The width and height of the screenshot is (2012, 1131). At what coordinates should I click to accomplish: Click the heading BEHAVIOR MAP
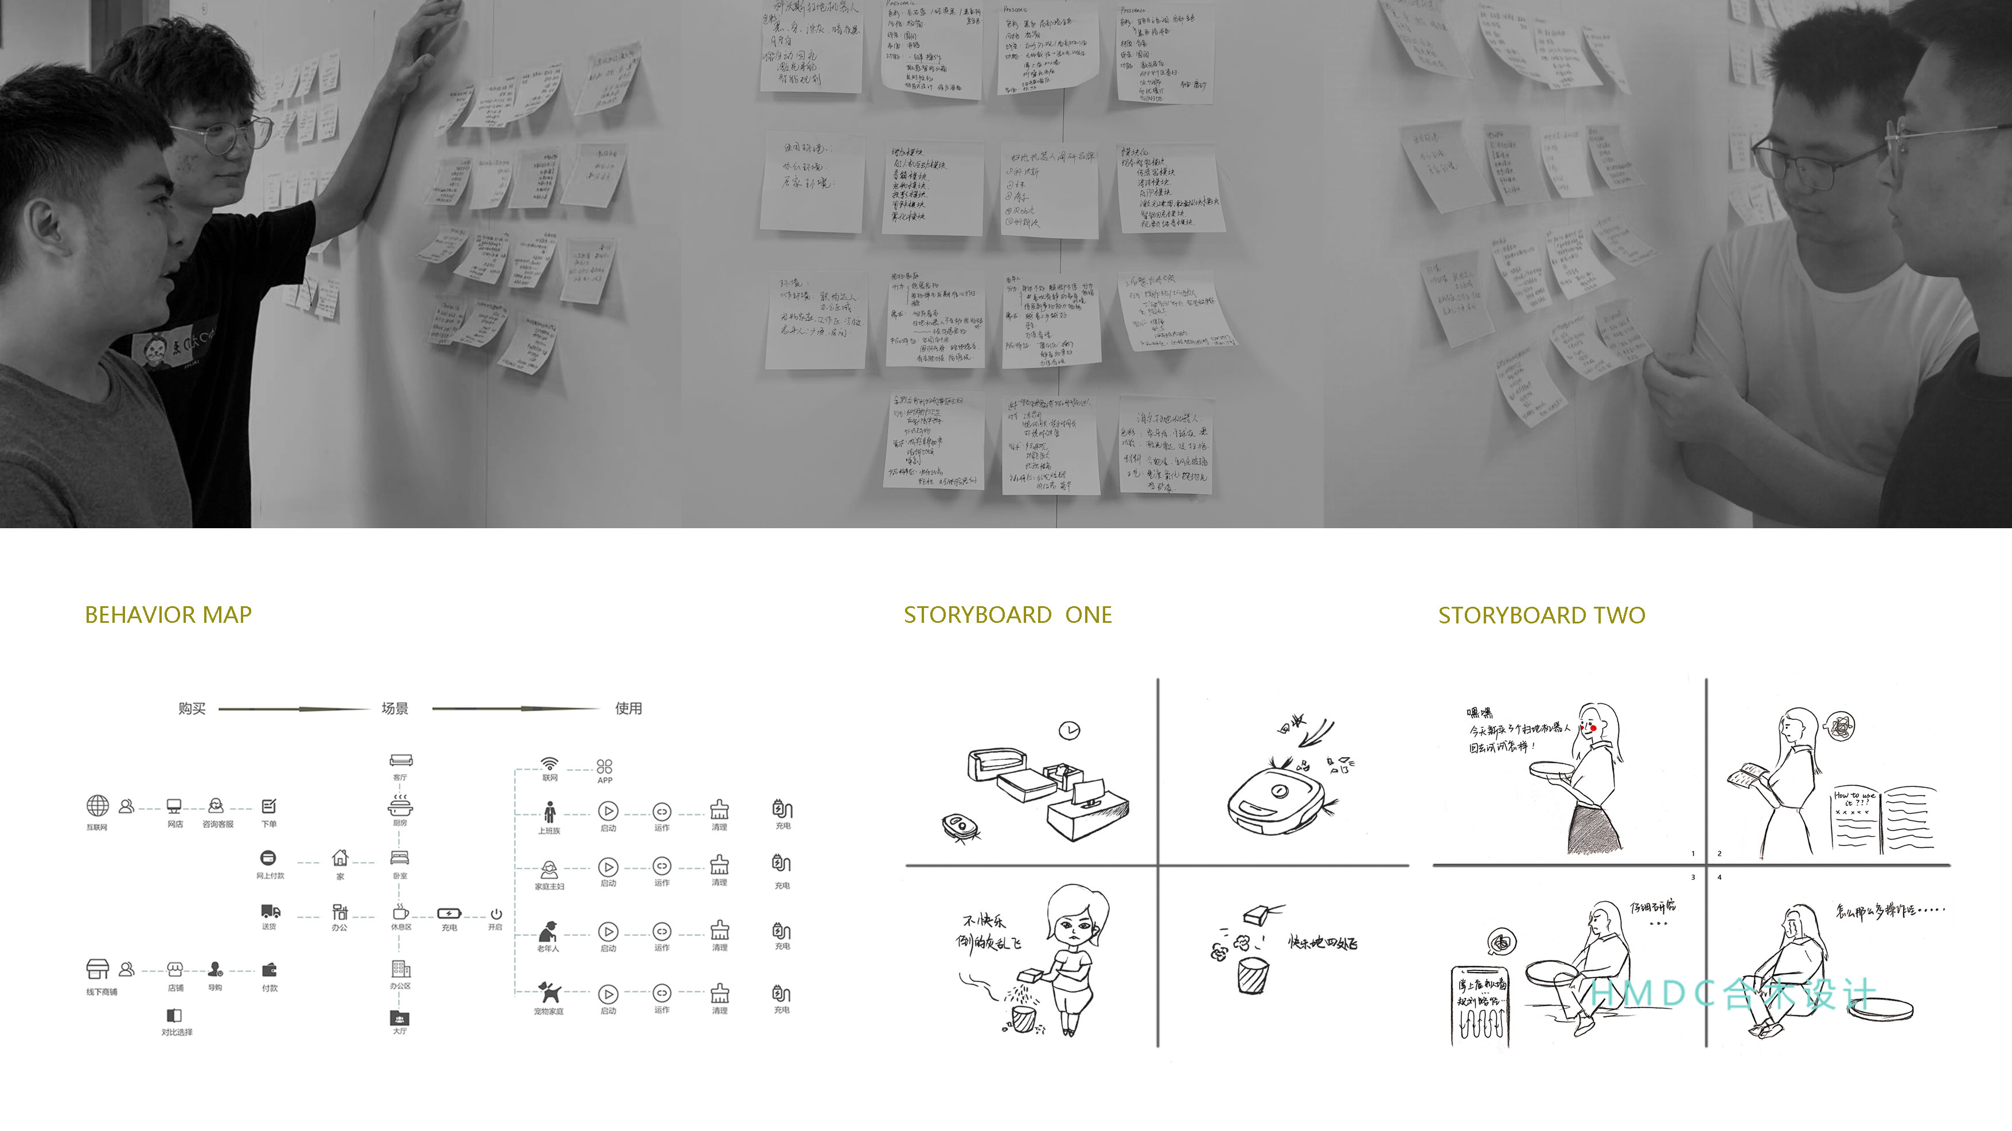(168, 615)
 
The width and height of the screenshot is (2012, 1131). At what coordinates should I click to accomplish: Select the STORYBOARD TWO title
(1541, 615)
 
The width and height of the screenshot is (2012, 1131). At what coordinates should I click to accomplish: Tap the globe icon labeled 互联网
(98, 805)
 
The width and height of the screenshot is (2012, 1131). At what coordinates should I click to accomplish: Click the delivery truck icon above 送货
(270, 911)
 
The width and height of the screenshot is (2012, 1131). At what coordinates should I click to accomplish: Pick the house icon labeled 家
(340, 857)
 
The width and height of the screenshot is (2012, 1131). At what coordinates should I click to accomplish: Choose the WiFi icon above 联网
(550, 763)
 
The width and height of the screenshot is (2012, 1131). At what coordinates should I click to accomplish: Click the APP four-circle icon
(605, 766)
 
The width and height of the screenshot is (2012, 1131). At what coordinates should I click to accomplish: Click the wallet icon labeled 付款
(270, 970)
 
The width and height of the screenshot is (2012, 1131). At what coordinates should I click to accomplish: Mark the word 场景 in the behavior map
(395, 708)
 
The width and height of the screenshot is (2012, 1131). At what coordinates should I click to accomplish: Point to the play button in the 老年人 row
(607, 931)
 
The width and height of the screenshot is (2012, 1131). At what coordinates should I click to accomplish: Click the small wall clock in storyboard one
(1069, 730)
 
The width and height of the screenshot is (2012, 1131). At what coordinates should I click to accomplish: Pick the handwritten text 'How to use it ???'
(1854, 798)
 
